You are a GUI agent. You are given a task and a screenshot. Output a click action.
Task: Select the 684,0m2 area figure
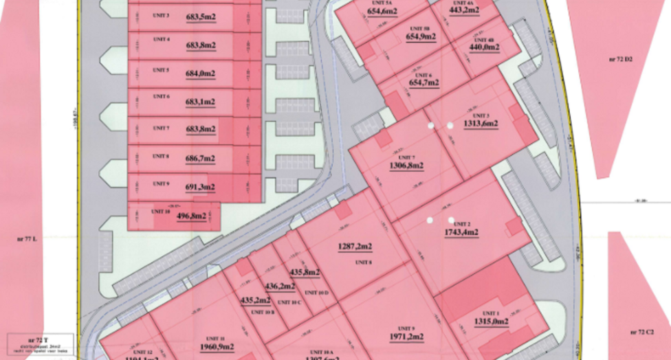point(201,74)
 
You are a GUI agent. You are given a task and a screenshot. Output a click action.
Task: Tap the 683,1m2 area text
point(201,102)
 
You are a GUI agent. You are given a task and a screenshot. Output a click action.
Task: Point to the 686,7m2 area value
point(201,158)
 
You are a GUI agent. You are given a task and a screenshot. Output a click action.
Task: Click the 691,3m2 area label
point(201,187)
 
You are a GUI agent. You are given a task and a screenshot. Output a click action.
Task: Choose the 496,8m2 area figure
point(192,216)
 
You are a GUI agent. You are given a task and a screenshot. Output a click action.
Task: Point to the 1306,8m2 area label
point(406,166)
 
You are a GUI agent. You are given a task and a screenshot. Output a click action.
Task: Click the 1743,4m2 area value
point(461,232)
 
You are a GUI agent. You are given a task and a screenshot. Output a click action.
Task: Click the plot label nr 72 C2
point(641,332)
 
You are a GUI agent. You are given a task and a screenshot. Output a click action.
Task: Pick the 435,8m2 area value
point(305,272)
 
